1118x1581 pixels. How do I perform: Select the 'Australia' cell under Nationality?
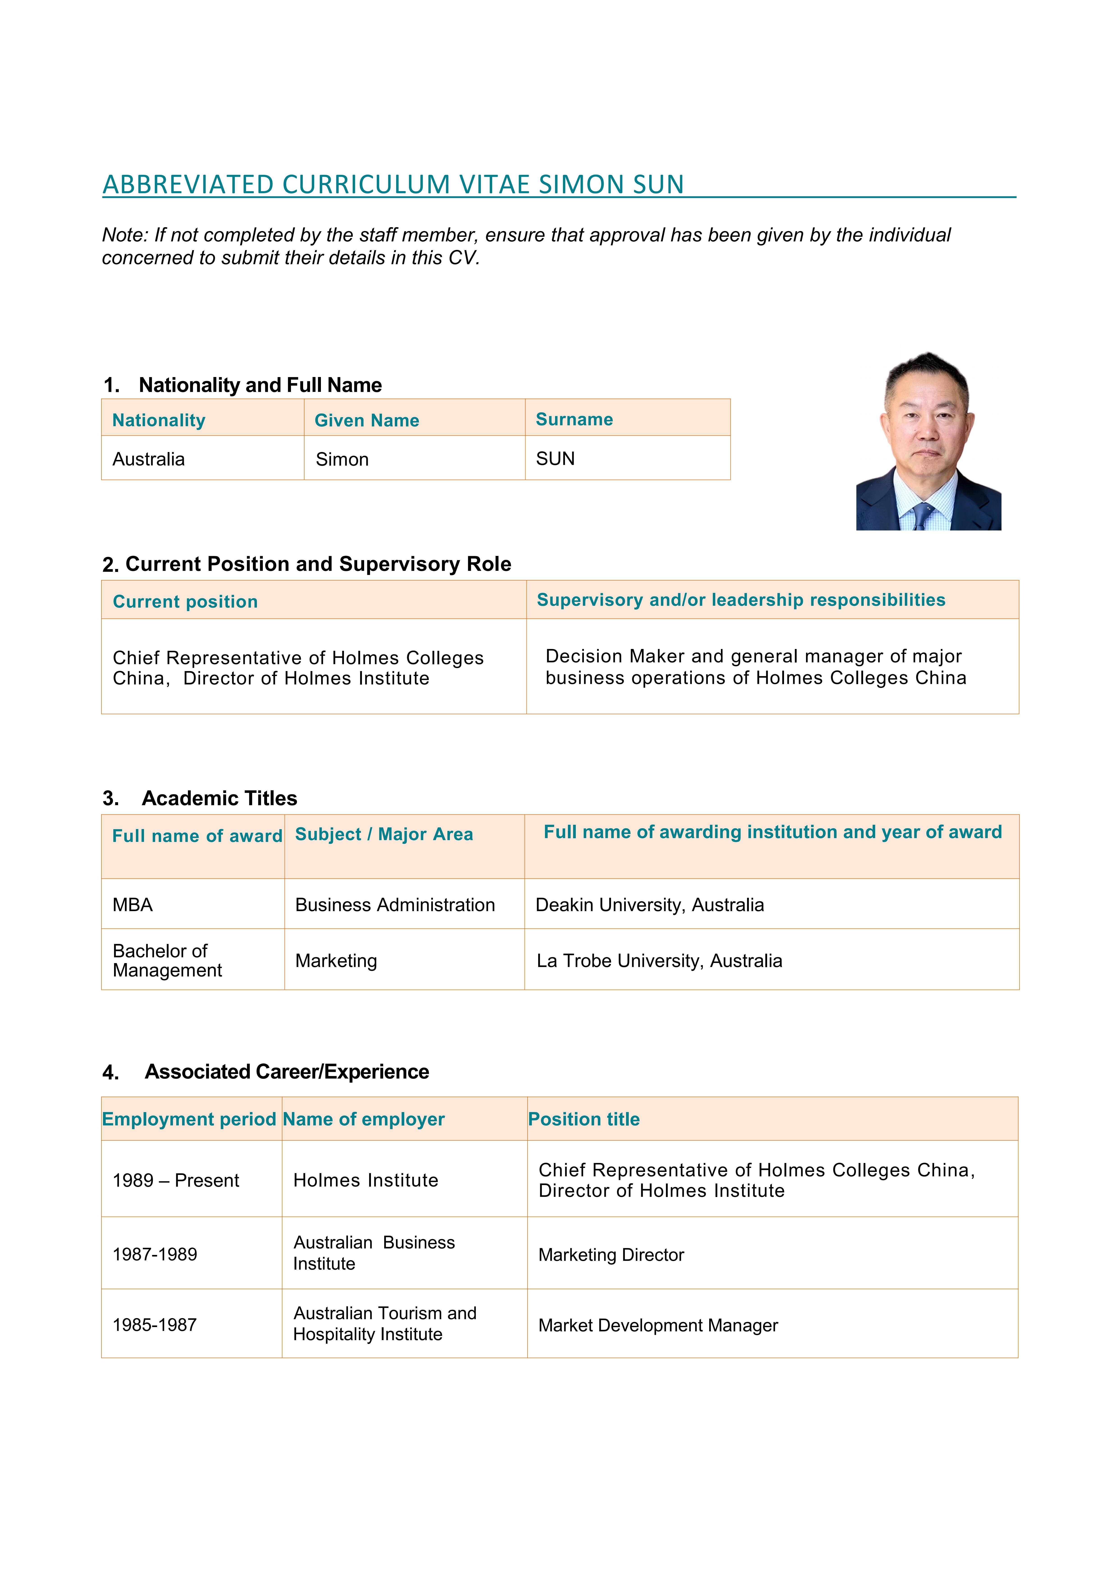coord(149,459)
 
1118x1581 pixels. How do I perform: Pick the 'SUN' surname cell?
coord(555,459)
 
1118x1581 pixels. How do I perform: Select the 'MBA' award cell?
coord(133,905)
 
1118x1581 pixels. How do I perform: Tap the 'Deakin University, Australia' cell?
coord(649,905)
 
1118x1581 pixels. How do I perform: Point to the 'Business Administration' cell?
coord(395,905)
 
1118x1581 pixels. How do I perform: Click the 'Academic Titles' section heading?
coord(219,798)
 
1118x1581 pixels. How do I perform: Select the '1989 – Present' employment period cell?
coord(176,1180)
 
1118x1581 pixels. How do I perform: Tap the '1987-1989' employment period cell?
coord(155,1254)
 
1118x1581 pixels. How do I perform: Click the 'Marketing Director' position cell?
coord(611,1255)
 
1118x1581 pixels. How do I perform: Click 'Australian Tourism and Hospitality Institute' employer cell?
coord(384,1323)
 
